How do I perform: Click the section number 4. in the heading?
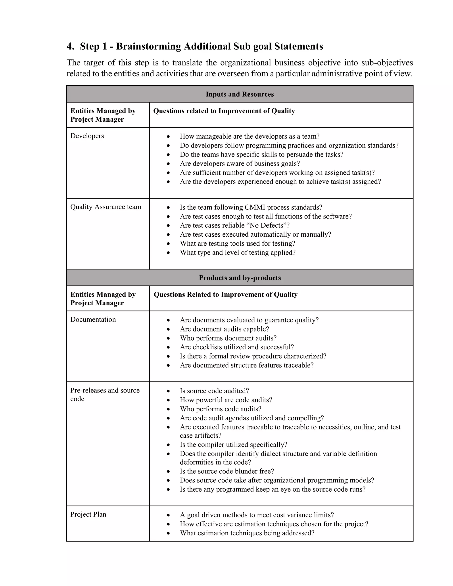pos(70,46)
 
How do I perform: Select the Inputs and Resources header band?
pos(240,94)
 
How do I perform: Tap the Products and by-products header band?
pos(240,278)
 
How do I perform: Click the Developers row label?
pos(87,136)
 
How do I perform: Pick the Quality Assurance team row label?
pos(106,207)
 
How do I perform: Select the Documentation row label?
pos(93,320)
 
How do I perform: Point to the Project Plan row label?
pos(88,514)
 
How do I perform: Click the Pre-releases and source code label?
pos(105,394)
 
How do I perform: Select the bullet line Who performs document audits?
pos(228,338)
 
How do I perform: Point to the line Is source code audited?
pos(214,391)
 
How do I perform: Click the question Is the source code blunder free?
pos(227,471)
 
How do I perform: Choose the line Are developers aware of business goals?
pos(240,164)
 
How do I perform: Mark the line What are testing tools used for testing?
pos(238,244)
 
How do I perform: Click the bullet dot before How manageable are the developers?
pos(168,137)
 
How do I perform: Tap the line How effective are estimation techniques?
pos(274,524)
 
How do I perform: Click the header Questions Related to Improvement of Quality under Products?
pos(225,295)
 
